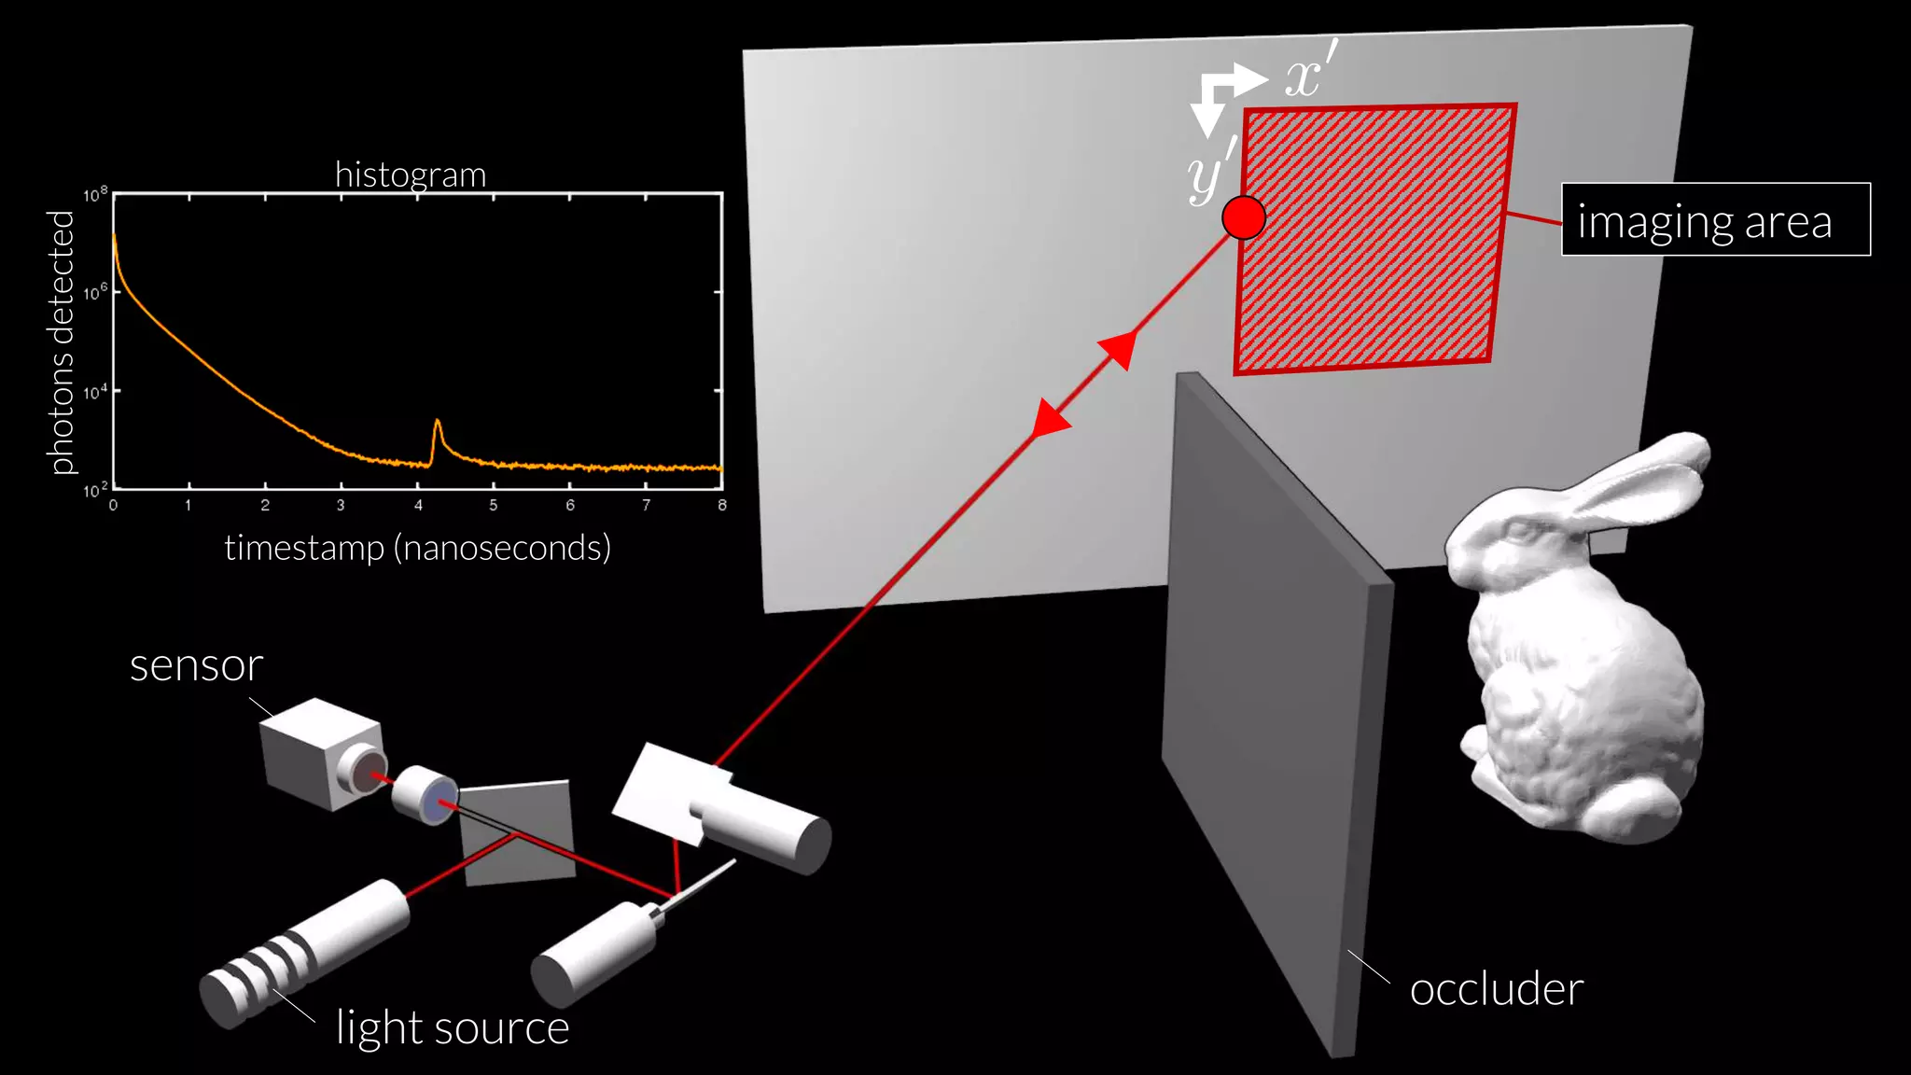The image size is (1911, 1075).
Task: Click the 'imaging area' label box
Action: click(x=1715, y=219)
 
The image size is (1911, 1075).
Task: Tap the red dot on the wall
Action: click(x=1243, y=218)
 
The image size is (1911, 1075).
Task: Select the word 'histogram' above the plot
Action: click(x=411, y=175)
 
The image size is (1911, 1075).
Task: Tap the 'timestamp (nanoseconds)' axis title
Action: click(x=417, y=548)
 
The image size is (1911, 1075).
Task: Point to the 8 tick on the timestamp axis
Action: click(x=721, y=506)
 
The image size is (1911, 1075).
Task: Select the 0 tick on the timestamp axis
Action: click(x=113, y=506)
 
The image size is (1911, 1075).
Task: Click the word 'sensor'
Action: click(x=196, y=665)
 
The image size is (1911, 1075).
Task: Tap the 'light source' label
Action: click(x=452, y=1027)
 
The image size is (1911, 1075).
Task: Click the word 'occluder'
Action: click(x=1496, y=989)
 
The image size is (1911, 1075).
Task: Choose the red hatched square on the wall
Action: click(x=1372, y=238)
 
